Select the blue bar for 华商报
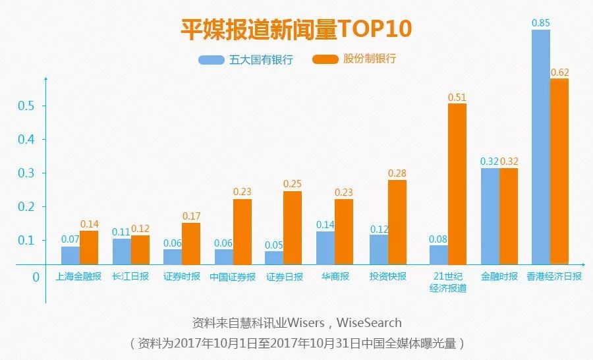click(325, 247)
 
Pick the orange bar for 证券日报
click(293, 227)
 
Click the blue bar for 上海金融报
click(71, 255)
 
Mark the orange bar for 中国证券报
click(242, 231)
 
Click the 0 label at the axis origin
click(36, 277)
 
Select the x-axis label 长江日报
click(130, 277)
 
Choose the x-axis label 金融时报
click(498, 277)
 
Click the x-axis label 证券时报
click(181, 277)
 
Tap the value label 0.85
click(540, 22)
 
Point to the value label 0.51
click(457, 97)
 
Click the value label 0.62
click(559, 72)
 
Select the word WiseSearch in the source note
click(369, 323)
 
